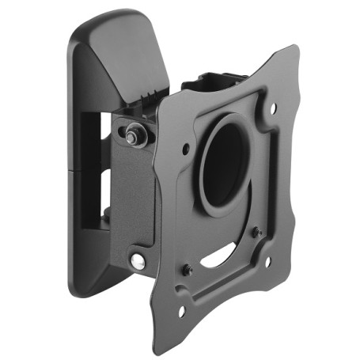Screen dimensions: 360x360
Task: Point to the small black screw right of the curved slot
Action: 256,233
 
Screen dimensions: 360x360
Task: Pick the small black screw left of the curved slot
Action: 188,269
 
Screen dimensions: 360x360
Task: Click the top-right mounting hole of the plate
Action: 274,108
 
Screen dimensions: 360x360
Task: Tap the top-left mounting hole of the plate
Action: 185,148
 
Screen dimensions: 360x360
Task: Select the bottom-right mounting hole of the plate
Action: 267,261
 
